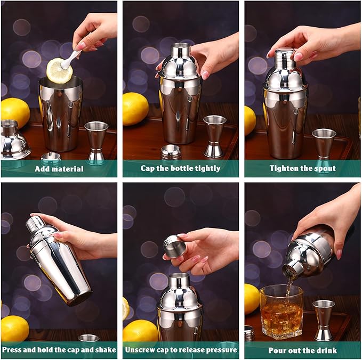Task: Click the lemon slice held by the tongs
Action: (59, 70)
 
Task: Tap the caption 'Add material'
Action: (59, 168)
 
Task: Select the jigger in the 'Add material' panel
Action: (96, 141)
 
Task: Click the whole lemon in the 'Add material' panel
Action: (15, 112)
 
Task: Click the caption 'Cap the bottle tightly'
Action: (180, 168)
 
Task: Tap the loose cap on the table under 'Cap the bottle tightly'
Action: (171, 151)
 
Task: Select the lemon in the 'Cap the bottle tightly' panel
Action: (135, 108)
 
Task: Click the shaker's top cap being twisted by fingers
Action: (285, 55)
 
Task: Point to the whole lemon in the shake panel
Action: (14, 328)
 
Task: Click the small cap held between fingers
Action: (174, 247)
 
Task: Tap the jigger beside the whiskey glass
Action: (323, 320)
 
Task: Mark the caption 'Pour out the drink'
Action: (302, 350)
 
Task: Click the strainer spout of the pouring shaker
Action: (293, 268)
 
